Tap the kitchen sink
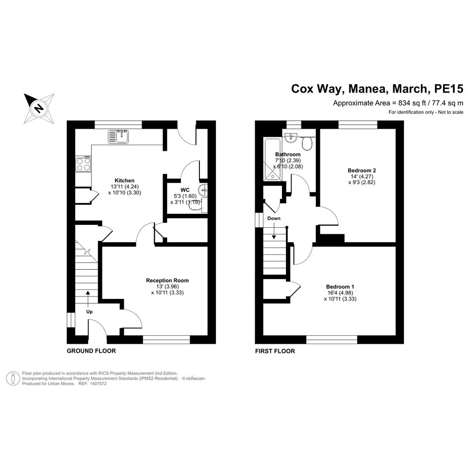(118, 136)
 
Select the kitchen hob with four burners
(83, 164)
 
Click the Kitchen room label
(124, 181)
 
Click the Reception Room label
(167, 281)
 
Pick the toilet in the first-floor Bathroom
(307, 144)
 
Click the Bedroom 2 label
(362, 171)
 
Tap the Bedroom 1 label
(340, 286)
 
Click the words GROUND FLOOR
(92, 351)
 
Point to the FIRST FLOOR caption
(275, 351)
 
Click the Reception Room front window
(166, 340)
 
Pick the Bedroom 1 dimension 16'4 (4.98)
(340, 293)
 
